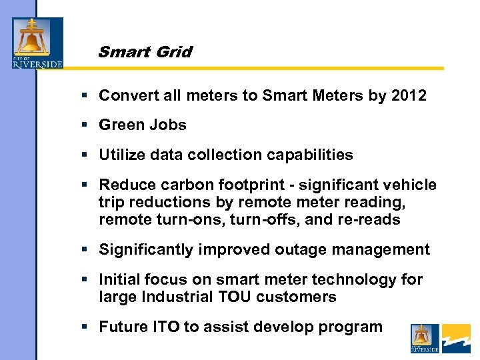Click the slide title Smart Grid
(x=145, y=52)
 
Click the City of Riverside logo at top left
(x=37, y=43)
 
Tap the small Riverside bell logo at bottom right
(x=425, y=338)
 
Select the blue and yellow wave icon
(x=457, y=338)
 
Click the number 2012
(x=408, y=95)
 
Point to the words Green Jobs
(x=143, y=125)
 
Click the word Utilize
(x=122, y=155)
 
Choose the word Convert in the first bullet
(x=125, y=95)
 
